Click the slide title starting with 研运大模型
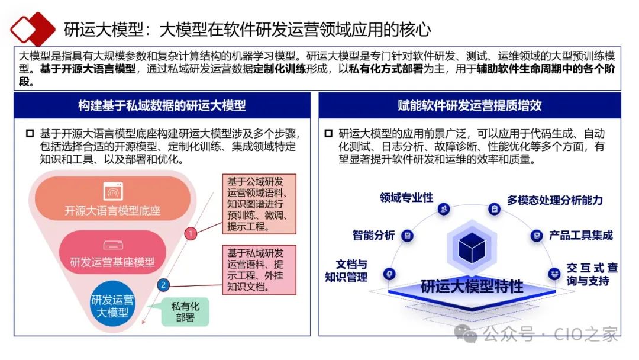247,29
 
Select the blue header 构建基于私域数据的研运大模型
162,106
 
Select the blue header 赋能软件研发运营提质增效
469,106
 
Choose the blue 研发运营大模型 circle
112,306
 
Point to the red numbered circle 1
191,234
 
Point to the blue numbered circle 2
164,285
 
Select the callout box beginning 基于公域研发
259,203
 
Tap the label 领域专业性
406,198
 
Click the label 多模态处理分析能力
554,200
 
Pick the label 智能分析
373,235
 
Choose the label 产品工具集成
580,235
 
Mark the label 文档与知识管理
346,271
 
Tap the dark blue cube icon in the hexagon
472,248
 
